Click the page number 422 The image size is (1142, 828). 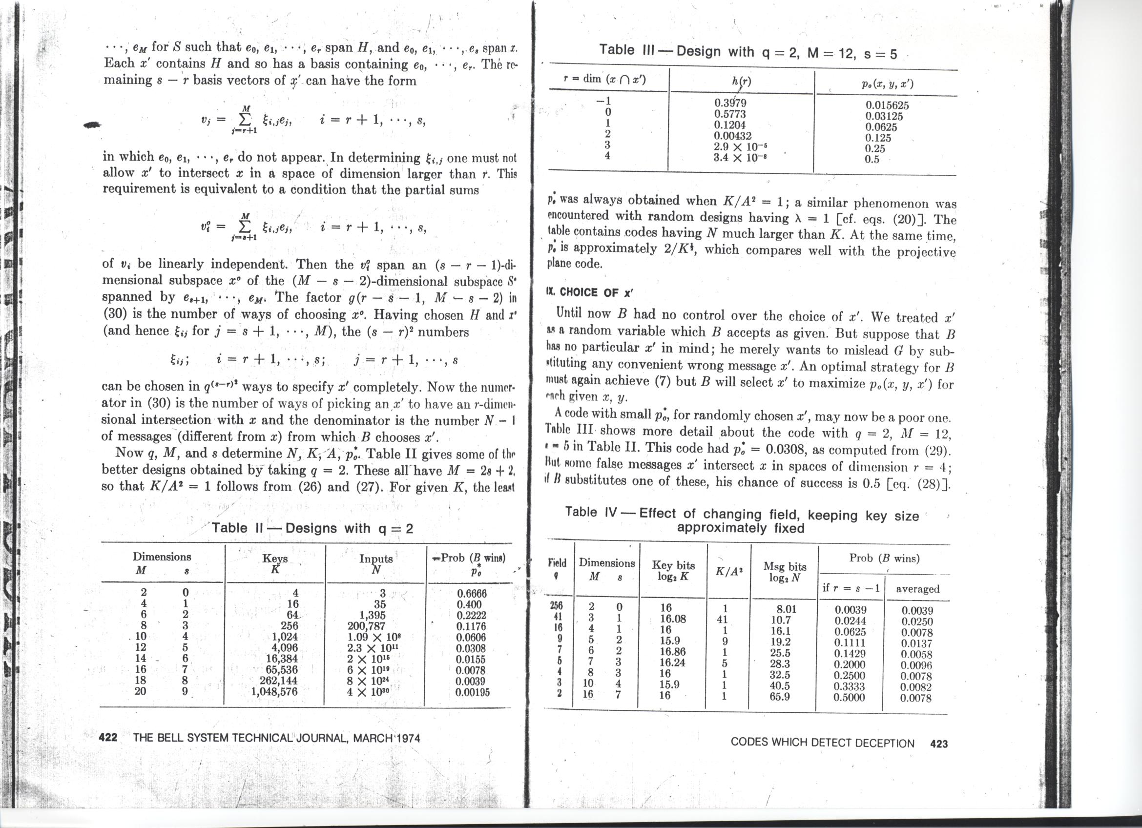tap(108, 738)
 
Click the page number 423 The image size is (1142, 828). tap(938, 744)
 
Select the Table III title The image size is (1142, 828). tap(747, 51)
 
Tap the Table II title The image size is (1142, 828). tap(312, 528)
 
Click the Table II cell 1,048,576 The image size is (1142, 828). tap(274, 692)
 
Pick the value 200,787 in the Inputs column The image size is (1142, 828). tap(366, 626)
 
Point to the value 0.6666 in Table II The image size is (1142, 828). tap(471, 594)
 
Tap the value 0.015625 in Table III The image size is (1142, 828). tap(887, 106)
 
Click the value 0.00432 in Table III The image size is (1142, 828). tap(732, 135)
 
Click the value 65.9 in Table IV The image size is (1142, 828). tap(779, 697)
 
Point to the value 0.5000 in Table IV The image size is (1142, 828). tap(849, 698)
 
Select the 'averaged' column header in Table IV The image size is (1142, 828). tap(917, 589)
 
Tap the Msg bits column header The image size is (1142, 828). tap(784, 572)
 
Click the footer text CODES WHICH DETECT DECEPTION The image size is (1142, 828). tap(822, 743)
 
